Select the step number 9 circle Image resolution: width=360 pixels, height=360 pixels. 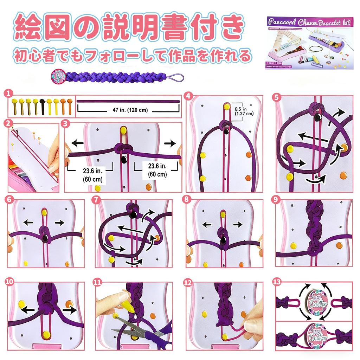point(276,199)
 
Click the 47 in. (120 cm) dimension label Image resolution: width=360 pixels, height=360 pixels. point(128,110)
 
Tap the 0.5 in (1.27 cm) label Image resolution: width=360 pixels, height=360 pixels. point(243,111)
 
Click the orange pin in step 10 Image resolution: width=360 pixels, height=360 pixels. point(69,303)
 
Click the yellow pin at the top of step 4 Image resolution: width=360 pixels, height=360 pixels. point(227,106)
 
